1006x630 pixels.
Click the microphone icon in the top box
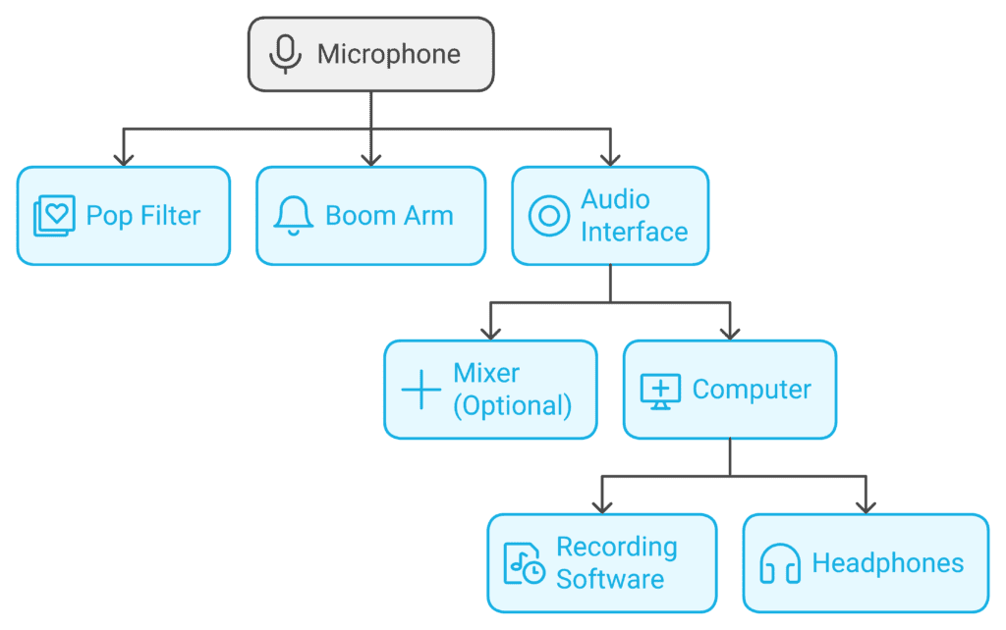tap(285, 54)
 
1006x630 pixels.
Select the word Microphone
tap(388, 54)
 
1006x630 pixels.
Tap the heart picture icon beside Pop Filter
tap(54, 216)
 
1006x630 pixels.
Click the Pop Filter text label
tap(143, 216)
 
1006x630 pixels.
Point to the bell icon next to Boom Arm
tap(293, 216)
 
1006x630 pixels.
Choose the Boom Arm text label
tap(389, 216)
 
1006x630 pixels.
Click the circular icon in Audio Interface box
tap(548, 216)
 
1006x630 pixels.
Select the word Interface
tap(634, 233)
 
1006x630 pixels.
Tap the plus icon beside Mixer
tap(421, 390)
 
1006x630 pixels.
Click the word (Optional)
tap(512, 406)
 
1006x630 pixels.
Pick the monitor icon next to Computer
tap(660, 390)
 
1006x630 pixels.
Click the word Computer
tap(752, 390)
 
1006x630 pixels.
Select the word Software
tap(609, 580)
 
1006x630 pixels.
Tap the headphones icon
tap(781, 563)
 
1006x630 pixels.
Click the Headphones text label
tap(887, 563)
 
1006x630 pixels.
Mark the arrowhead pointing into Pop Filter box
tap(123, 158)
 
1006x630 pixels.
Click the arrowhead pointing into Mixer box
tap(490, 332)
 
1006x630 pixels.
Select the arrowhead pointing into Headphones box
tap(866, 505)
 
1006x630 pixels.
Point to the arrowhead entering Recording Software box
tap(602, 505)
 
